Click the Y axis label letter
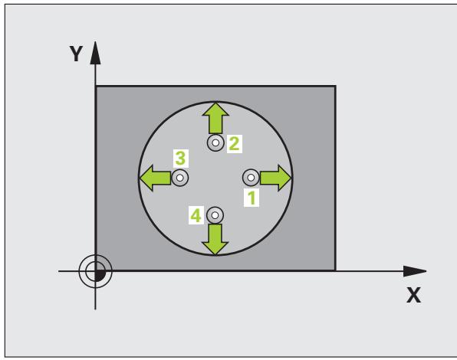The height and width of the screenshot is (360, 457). coord(77,54)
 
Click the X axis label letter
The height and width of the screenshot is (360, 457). coord(413,295)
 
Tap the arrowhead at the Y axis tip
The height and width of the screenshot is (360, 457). coord(95,53)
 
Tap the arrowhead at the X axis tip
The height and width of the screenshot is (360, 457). coord(415,271)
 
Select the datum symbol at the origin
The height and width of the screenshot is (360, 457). coord(95,271)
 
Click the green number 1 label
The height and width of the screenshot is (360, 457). coord(252,198)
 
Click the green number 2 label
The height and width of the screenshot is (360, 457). coord(234,144)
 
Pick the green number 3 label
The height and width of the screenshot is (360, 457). coord(180,159)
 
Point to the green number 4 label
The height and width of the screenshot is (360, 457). coord(196,216)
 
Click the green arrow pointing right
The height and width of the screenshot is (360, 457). coord(276,178)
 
